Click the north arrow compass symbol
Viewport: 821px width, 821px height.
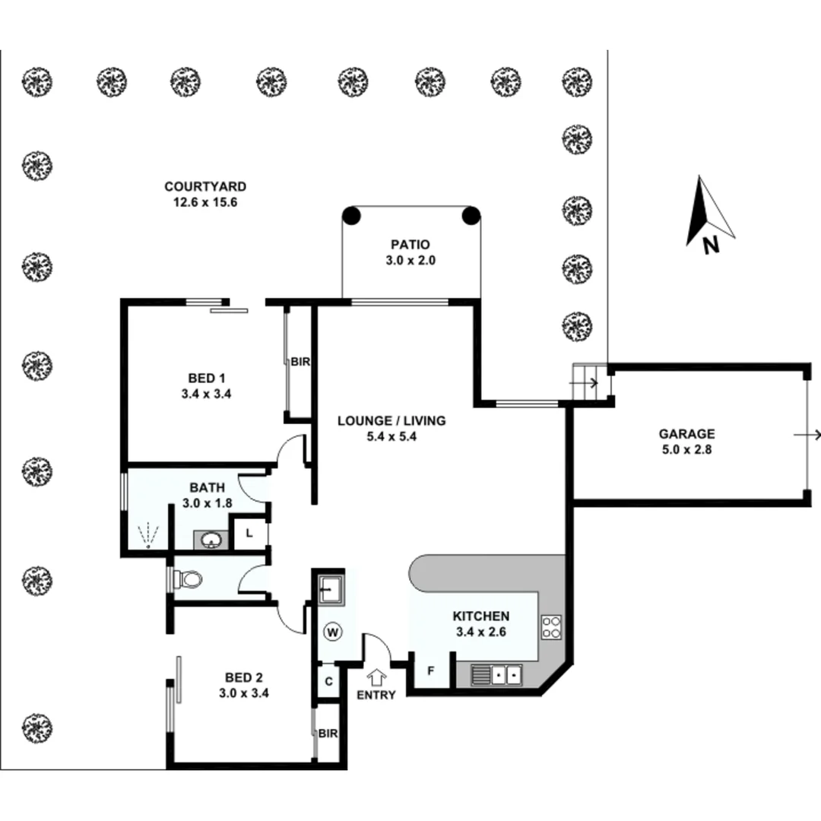(708, 213)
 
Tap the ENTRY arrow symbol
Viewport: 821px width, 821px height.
(376, 676)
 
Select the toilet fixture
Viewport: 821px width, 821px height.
(187, 580)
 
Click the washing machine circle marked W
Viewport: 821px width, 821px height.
(331, 631)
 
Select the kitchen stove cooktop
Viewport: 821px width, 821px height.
(551, 626)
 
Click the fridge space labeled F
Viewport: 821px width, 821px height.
(430, 670)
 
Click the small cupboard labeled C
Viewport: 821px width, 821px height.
(328, 681)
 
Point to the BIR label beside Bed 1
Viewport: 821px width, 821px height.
(300, 363)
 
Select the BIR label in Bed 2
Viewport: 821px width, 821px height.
(328, 734)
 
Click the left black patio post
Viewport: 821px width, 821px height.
(350, 215)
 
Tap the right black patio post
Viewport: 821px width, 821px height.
(471, 215)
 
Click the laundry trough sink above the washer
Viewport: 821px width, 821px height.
(331, 588)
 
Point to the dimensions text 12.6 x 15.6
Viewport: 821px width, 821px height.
(205, 202)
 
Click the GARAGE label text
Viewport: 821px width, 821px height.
(686, 434)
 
